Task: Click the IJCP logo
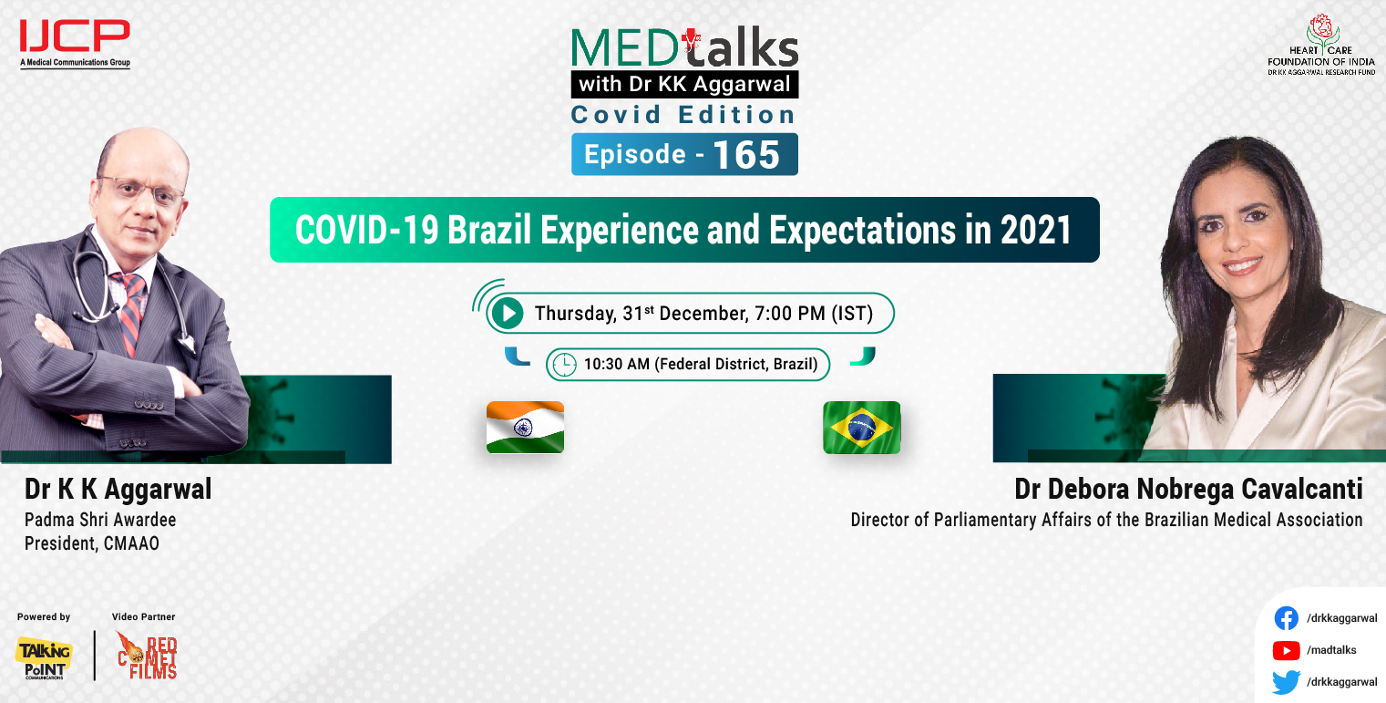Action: click(75, 40)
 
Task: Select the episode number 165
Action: click(746, 155)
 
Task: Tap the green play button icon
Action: click(506, 314)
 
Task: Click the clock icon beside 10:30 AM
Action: click(565, 365)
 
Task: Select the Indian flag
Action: click(525, 427)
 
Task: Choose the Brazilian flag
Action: click(861, 427)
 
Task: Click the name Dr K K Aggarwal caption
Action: click(118, 490)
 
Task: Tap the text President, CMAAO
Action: click(92, 543)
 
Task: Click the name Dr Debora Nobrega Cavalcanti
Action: click(1188, 490)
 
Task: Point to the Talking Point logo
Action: click(43, 656)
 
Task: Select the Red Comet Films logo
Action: click(147, 655)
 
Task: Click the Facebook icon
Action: click(1286, 618)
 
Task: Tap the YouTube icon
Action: click(1286, 650)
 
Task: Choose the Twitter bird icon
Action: click(1286, 682)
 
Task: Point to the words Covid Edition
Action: click(683, 115)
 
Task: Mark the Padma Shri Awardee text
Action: click(100, 520)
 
